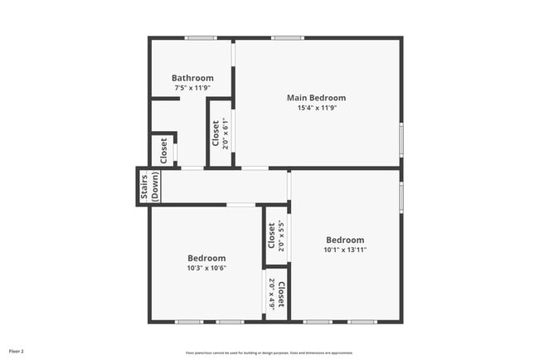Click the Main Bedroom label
[316, 98]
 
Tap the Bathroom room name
[192, 78]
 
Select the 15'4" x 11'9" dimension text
[316, 108]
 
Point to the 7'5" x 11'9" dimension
[192, 88]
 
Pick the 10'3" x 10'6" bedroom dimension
[206, 268]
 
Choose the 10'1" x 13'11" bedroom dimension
[344, 250]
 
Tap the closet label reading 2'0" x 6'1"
[220, 133]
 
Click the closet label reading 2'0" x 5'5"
[276, 236]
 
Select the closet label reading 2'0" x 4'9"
[276, 294]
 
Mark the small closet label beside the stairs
[163, 150]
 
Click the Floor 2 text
[17, 352]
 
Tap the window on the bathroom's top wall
[200, 37]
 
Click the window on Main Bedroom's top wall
[287, 37]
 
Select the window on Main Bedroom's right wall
[401, 139]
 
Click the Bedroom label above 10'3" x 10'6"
[206, 258]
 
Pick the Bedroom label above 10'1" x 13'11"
[344, 240]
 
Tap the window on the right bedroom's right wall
[401, 197]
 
